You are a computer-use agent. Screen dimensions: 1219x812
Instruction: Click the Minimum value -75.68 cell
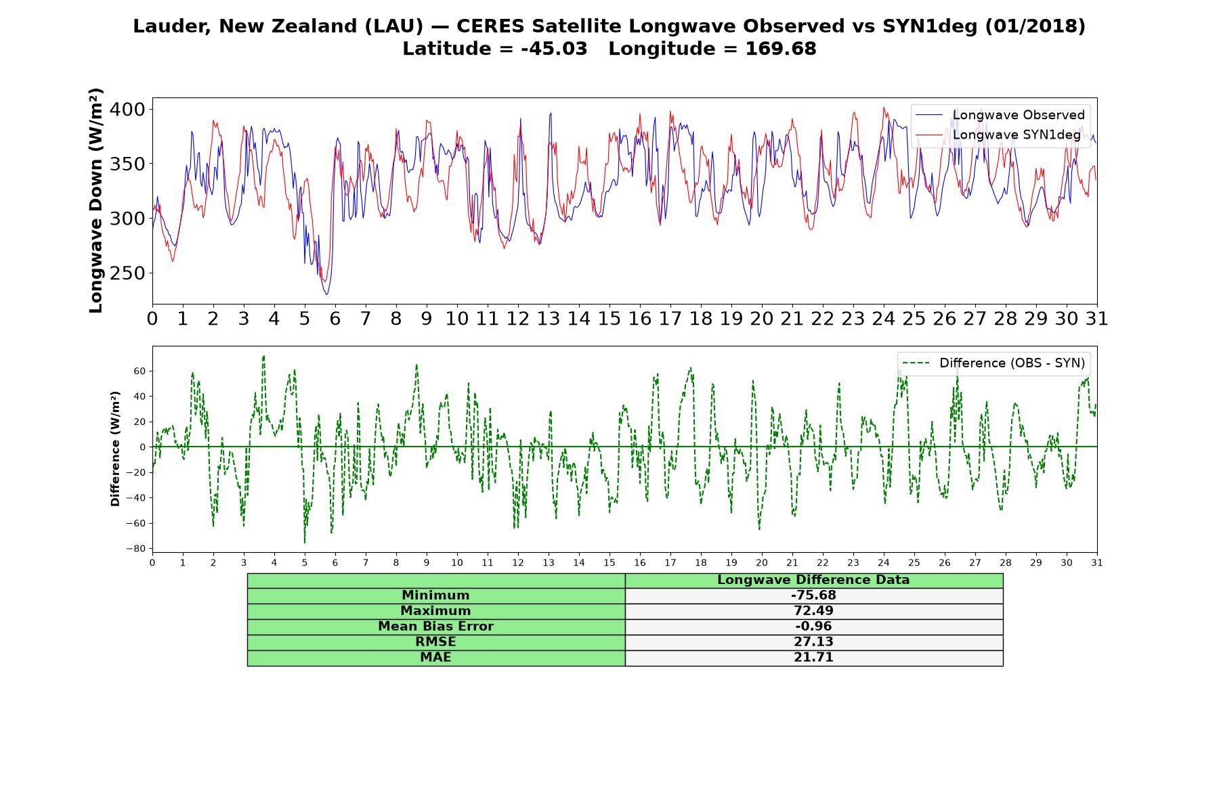[x=813, y=595]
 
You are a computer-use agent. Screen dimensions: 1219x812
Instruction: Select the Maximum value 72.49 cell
[x=813, y=611]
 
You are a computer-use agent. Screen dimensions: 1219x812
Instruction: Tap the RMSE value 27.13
[x=813, y=642]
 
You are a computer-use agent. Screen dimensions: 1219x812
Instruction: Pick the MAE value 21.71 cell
[x=813, y=658]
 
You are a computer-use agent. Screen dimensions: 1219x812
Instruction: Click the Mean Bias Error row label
[x=435, y=627]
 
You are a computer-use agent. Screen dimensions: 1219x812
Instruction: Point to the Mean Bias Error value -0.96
[x=813, y=627]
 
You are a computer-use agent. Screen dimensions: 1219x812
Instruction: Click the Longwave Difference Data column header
[x=813, y=580]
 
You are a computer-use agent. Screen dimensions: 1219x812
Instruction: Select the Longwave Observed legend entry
[x=1000, y=115]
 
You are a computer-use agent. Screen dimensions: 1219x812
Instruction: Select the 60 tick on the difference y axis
[x=140, y=371]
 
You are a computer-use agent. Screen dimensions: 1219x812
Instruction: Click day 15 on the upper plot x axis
[x=609, y=319]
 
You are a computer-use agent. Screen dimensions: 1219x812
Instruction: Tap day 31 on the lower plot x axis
[x=1096, y=562]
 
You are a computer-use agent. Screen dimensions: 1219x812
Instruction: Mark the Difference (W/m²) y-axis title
[x=115, y=449]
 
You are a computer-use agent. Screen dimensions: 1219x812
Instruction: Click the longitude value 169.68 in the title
[x=781, y=49]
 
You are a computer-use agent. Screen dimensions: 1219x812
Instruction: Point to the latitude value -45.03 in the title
[x=554, y=49]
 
